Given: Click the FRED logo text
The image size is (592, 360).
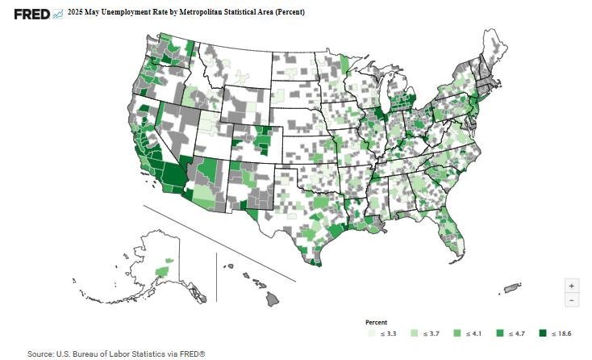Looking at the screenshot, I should coord(31,13).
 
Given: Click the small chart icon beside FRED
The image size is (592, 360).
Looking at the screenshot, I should coord(57,13).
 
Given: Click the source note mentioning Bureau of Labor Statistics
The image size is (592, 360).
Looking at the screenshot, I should coord(116,354).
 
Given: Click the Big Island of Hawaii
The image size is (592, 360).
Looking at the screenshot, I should coord(273,298).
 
